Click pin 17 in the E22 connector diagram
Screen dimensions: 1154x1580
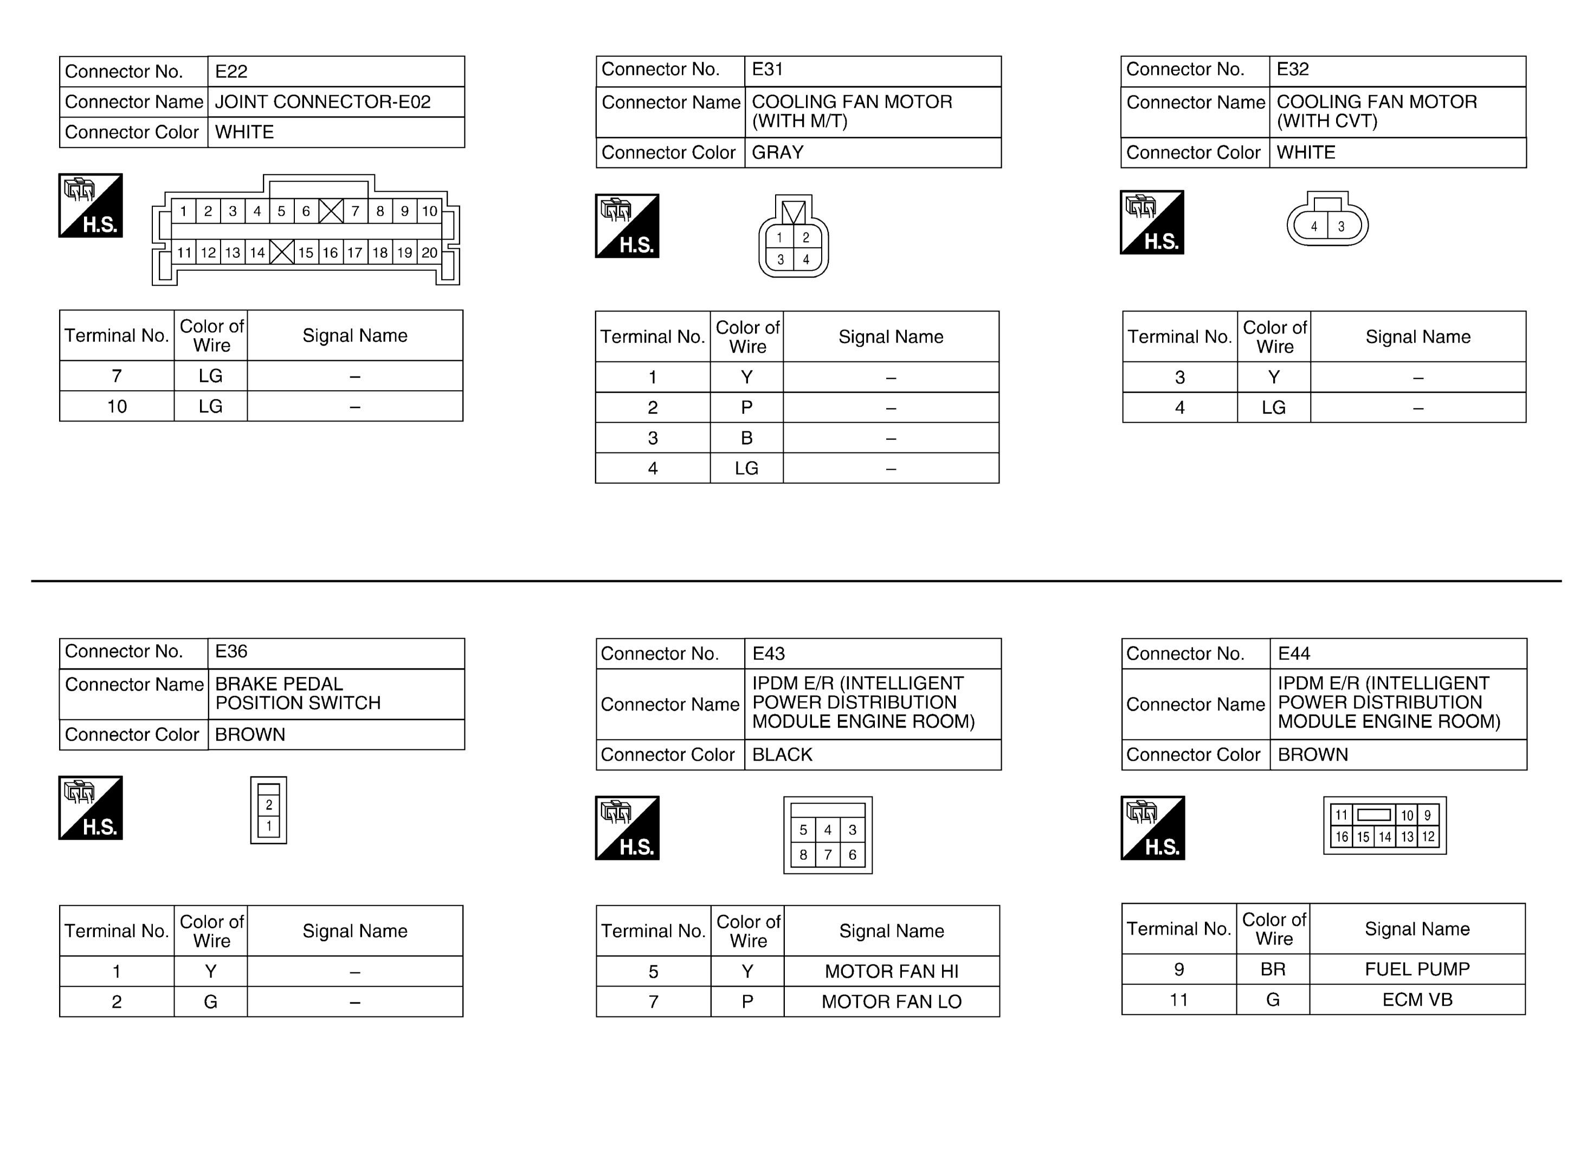click(355, 252)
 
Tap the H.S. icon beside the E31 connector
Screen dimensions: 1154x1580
click(627, 225)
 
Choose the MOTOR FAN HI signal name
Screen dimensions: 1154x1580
click(891, 971)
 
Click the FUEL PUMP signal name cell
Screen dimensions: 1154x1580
click(1416, 969)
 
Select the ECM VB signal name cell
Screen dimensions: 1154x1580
click(1416, 1000)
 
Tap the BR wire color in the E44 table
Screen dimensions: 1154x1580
click(1273, 969)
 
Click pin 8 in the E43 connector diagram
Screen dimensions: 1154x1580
click(803, 854)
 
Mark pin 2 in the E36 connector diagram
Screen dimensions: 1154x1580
click(269, 805)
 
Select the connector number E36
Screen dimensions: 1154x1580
click(231, 651)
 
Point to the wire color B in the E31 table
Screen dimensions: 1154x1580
click(746, 438)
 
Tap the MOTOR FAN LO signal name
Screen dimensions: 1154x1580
click(891, 1002)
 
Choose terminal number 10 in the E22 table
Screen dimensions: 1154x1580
click(117, 406)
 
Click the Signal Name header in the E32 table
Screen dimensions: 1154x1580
click(1417, 336)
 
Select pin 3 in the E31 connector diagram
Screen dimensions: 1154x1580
click(781, 259)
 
